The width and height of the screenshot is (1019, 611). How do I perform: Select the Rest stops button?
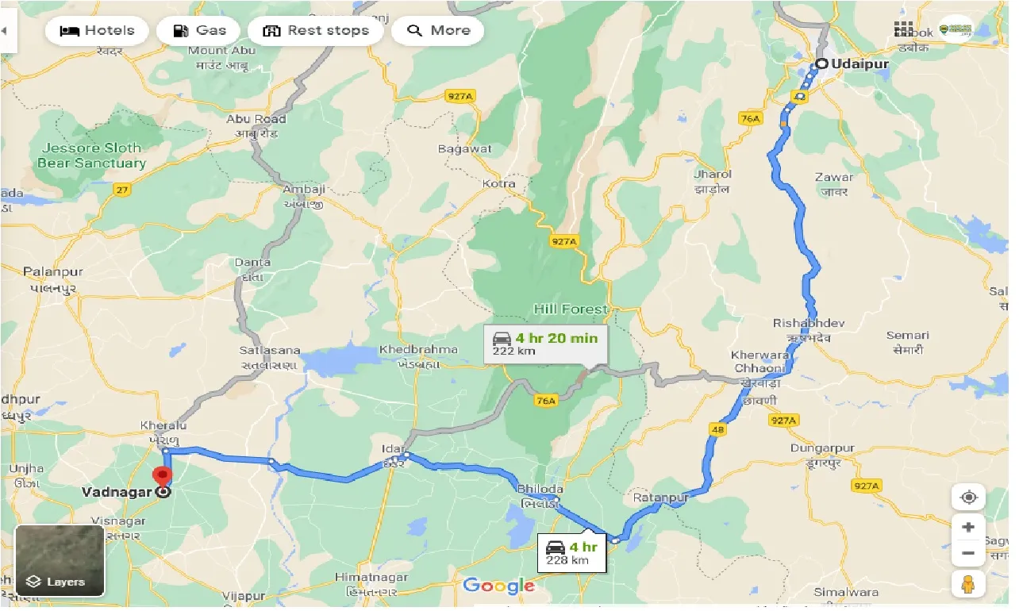coord(316,31)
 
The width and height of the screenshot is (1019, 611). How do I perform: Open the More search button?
coord(438,31)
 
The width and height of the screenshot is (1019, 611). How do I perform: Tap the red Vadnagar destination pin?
coord(163,478)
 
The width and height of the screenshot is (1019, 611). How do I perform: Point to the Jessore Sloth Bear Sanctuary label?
coord(91,156)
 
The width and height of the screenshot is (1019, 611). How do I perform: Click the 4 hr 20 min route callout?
coord(544,344)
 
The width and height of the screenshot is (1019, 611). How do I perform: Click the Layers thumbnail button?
coord(60,560)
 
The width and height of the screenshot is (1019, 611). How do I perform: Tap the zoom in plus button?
coord(968,528)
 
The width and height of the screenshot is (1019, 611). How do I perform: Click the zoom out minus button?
coord(968,553)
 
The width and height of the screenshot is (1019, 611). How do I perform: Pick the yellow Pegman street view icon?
coord(968,585)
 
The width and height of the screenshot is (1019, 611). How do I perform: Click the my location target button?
coord(968,498)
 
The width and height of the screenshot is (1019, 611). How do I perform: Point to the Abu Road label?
coord(256,119)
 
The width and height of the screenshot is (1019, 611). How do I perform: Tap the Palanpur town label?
coord(53,271)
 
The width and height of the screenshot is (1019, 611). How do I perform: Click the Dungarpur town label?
coord(822,448)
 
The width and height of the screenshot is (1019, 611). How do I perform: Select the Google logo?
coord(498,586)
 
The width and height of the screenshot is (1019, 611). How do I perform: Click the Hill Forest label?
coord(571,309)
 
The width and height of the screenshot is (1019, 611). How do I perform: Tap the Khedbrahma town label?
coord(418,349)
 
